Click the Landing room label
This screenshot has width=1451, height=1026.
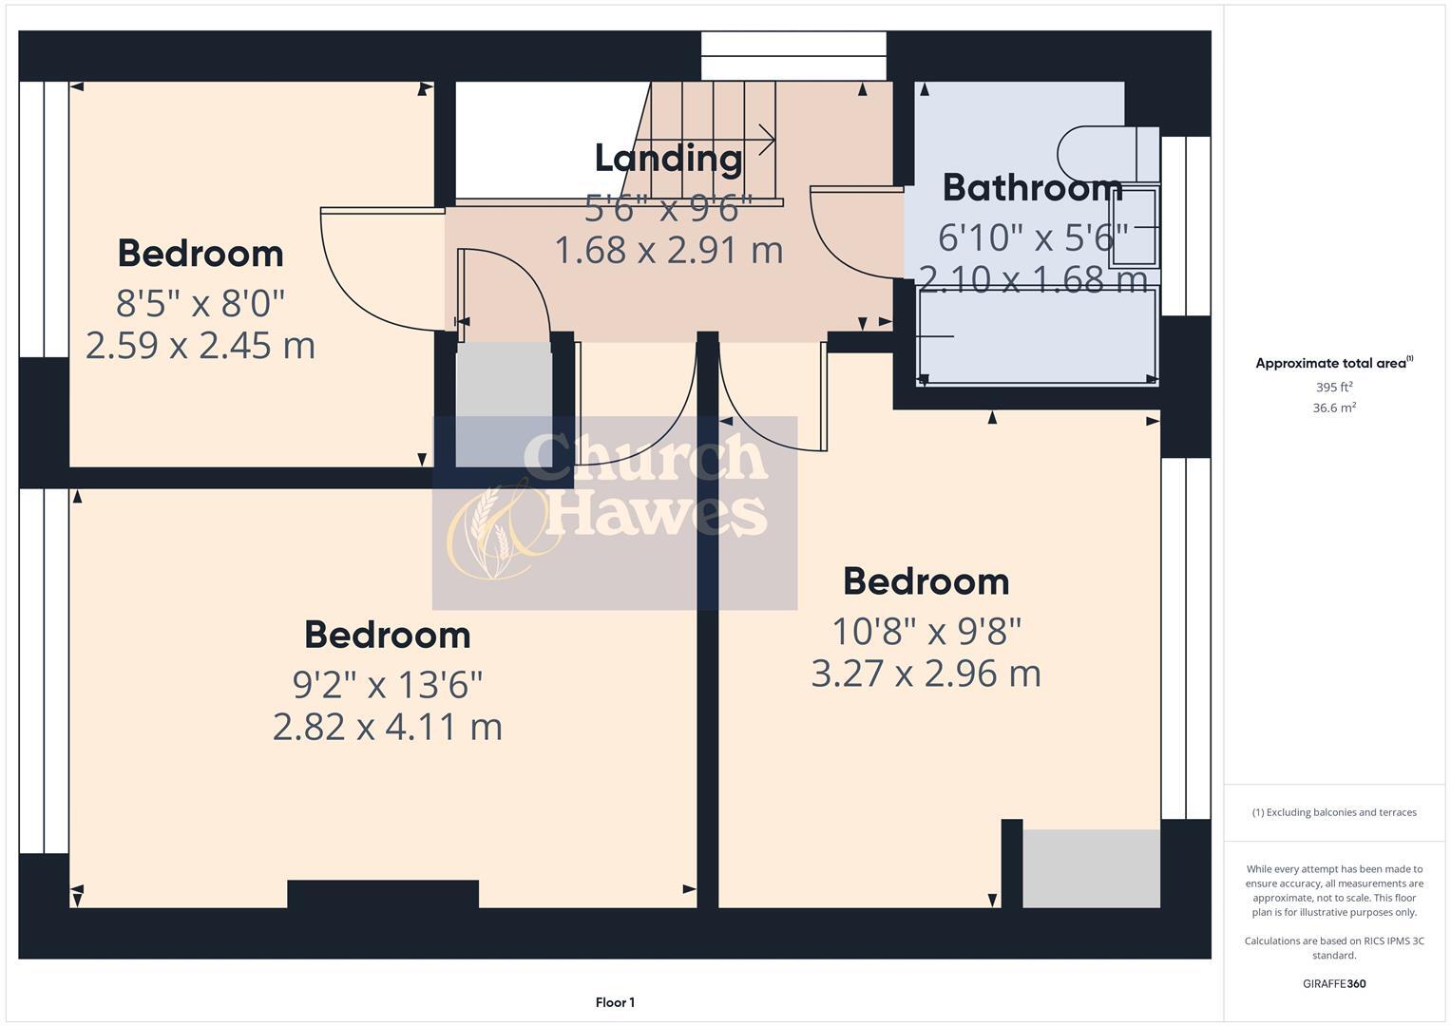point(668,158)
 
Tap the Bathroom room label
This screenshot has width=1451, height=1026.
point(1032,187)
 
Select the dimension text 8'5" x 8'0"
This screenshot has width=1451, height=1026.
point(200,303)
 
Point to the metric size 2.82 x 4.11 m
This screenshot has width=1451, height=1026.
point(387,727)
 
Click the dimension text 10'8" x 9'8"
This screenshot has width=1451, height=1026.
point(926,630)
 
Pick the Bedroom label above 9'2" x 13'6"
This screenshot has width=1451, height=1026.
point(387,635)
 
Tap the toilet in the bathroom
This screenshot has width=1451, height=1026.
point(1107,153)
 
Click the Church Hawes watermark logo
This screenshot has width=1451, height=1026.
point(614,513)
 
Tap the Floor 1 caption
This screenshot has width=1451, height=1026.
point(615,1002)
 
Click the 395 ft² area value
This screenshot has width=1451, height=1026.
point(1333,388)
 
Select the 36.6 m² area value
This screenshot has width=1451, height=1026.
point(1333,408)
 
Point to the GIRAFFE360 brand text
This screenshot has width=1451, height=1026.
point(1333,983)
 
